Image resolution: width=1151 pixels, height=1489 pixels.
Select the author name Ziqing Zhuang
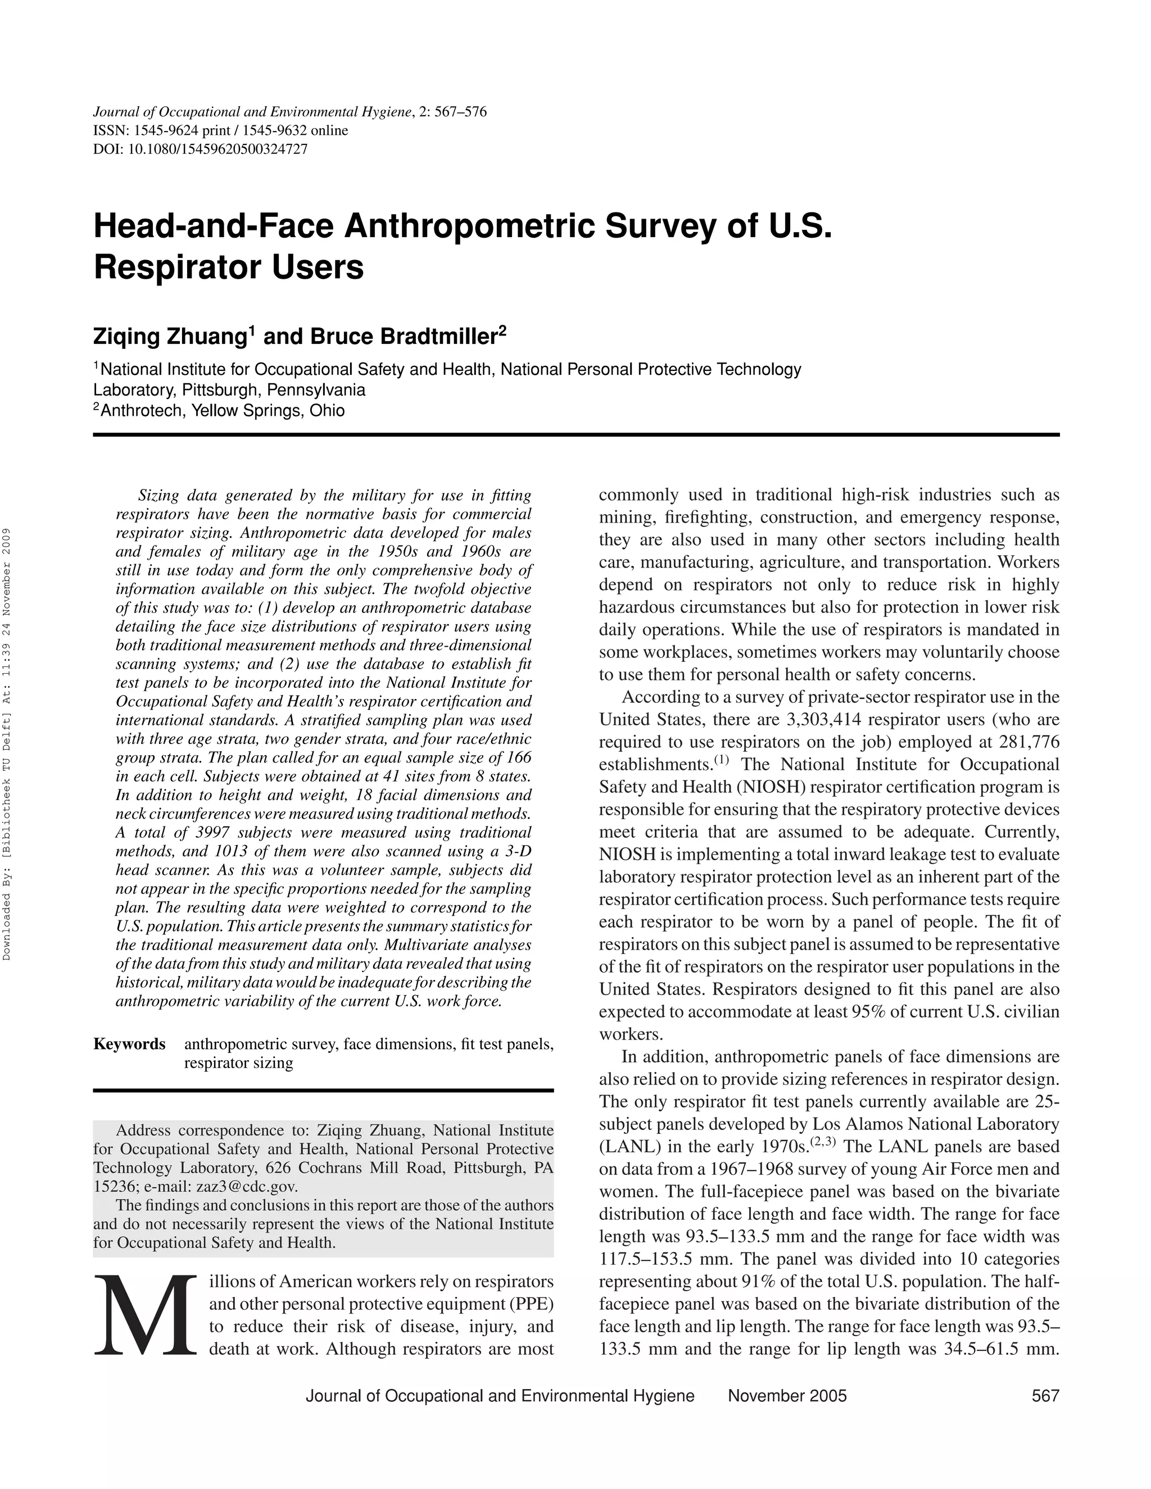tap(170, 337)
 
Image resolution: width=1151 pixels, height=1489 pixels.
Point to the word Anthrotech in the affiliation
tap(142, 410)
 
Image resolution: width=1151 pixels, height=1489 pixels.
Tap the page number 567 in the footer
tap(1045, 1396)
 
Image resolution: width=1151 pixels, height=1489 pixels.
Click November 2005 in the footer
tap(787, 1396)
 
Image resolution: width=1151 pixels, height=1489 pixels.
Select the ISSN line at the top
tap(220, 130)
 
